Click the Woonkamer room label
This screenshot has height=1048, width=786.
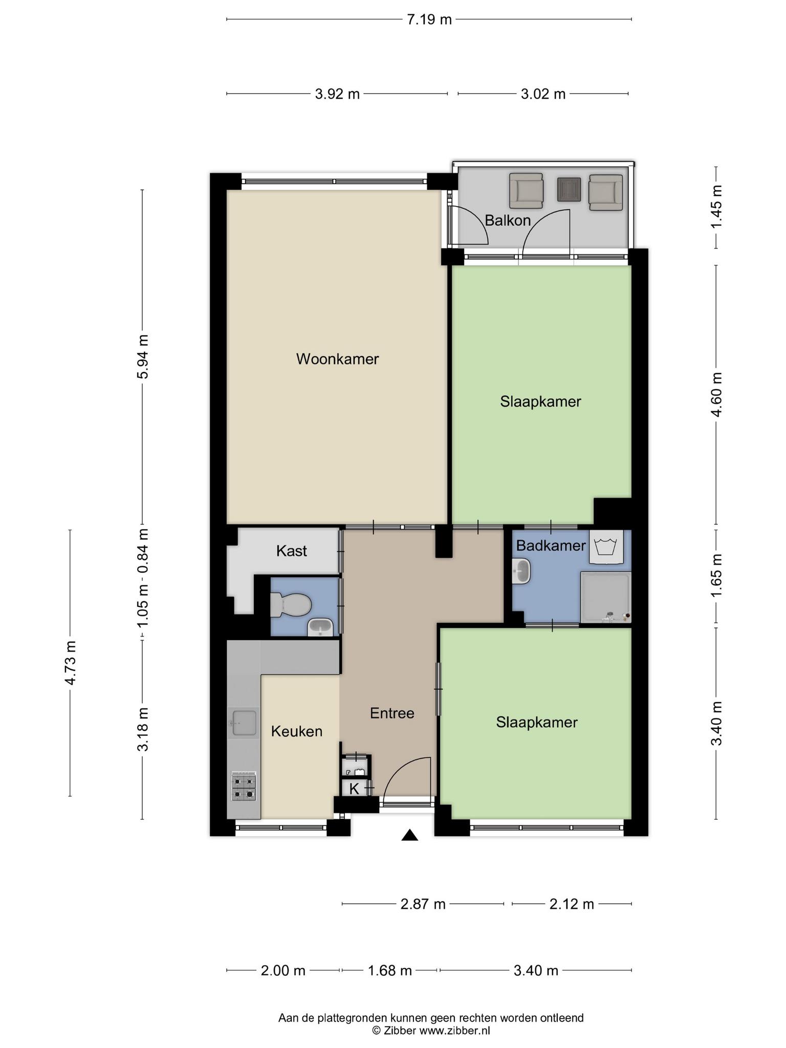point(337,359)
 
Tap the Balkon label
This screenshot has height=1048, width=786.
point(508,221)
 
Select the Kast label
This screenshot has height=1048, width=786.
point(292,551)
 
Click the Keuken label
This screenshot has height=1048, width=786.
point(297,732)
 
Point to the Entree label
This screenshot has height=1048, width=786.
point(392,713)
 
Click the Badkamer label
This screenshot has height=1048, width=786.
point(551,545)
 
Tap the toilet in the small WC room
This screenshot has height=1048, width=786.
point(290,605)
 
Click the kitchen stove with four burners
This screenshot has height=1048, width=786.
point(244,787)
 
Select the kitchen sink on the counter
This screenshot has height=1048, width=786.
point(244,723)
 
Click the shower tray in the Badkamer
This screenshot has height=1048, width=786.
point(605,597)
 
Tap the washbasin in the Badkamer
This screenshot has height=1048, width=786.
point(521,571)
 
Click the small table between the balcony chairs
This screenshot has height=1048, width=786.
point(569,190)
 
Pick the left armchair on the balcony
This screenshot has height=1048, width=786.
point(526,191)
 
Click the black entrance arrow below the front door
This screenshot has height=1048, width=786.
point(409,835)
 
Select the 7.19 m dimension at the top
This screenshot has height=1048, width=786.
point(429,19)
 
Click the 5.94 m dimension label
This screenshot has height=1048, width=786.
point(143,356)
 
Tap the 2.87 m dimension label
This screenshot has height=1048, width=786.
point(423,919)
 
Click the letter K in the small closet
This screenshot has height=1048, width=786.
point(354,789)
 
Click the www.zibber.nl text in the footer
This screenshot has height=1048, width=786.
point(454,1031)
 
